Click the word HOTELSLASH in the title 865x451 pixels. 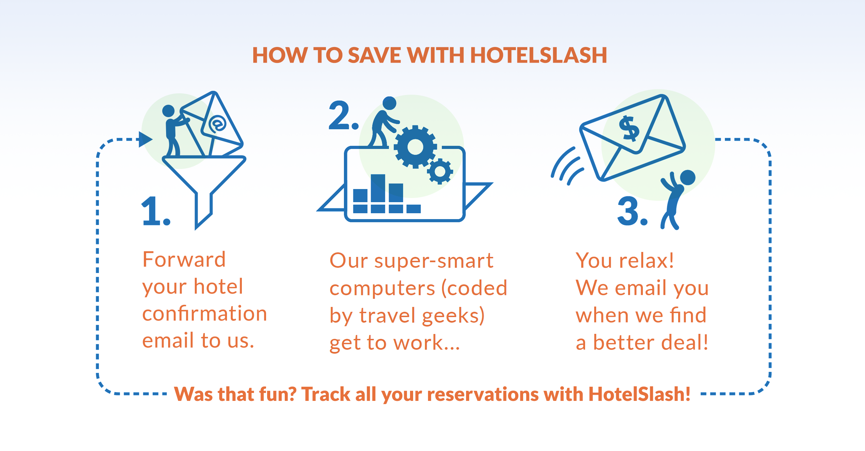point(538,55)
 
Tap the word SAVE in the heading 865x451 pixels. point(374,55)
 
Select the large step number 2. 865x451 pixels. point(340,116)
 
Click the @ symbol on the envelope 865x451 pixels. point(217,124)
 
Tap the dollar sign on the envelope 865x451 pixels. point(629,129)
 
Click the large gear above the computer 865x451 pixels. point(415,147)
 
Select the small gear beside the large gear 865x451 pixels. point(440,171)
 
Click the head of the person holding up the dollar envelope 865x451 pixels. point(688,178)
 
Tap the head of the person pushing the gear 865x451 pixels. point(390,103)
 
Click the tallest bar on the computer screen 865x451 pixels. point(378,188)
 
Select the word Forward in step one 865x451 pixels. point(184,260)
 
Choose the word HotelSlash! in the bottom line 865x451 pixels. point(639,394)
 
